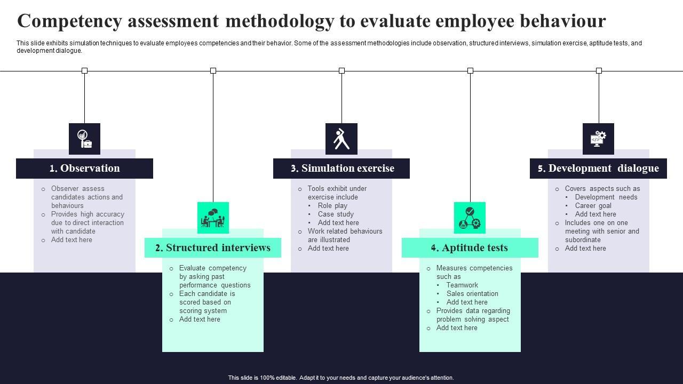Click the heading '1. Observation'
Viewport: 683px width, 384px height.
[x=84, y=169]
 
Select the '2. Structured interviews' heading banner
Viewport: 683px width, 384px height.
[x=212, y=248]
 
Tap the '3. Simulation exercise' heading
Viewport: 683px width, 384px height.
[x=341, y=169]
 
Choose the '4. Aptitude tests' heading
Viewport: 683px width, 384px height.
[x=470, y=248]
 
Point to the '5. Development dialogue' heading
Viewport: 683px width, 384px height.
[x=598, y=169]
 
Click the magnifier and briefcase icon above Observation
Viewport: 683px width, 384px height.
[x=84, y=139]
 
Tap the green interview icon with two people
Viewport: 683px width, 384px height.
[x=213, y=218]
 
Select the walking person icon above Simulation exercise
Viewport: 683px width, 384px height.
[x=341, y=139]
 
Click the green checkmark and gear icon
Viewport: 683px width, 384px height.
[x=470, y=218]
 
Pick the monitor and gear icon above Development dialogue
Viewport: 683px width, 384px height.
[x=598, y=139]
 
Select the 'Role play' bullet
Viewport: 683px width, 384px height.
[x=332, y=206]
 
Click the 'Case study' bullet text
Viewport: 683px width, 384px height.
[x=336, y=214]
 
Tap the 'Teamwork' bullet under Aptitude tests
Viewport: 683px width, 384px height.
[x=462, y=285]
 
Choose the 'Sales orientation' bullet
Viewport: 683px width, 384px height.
[x=472, y=294]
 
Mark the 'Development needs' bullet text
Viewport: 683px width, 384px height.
[x=606, y=197]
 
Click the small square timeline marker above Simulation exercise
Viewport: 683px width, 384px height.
[x=341, y=70]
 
